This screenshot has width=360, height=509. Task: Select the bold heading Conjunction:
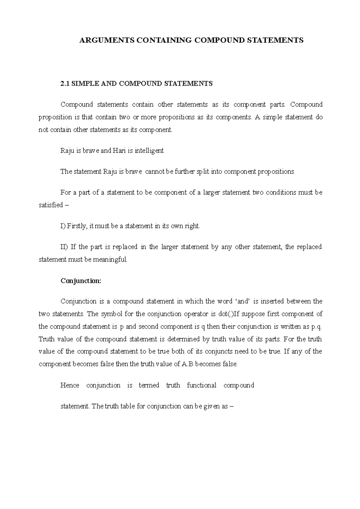tap(81, 281)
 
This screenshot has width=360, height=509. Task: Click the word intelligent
tap(149, 150)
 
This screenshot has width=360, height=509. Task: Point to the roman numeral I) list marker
tap(63, 226)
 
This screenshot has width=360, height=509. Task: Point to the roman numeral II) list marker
tap(64, 247)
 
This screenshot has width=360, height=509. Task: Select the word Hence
tap(70, 385)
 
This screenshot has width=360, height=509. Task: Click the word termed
tap(149, 385)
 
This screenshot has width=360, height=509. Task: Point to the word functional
tap(201, 385)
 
